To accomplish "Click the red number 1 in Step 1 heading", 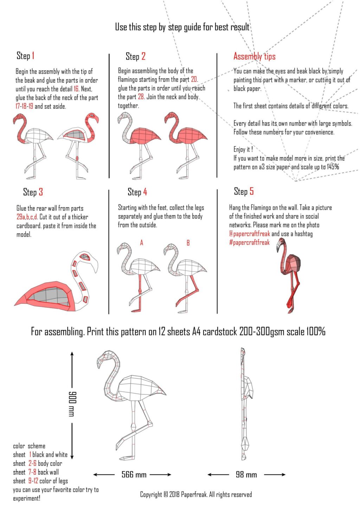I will pyautogui.click(x=33, y=56).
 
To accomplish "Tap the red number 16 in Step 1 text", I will pyautogui.click(x=76, y=89).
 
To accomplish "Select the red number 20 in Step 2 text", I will pyautogui.click(x=194, y=79).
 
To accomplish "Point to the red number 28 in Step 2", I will pyautogui.click(x=141, y=97).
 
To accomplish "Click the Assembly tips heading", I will pyautogui.click(x=254, y=56).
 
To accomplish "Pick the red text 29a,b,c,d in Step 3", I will pyautogui.click(x=27, y=217).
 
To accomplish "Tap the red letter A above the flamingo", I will pyautogui.click(x=142, y=243).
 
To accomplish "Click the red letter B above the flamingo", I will pyautogui.click(x=188, y=243).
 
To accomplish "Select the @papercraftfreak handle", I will pyautogui.click(x=249, y=234).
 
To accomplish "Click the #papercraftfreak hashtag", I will pyautogui.click(x=249, y=243).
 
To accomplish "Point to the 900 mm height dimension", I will pyautogui.click(x=72, y=404).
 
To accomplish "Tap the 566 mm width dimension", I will pyautogui.click(x=134, y=475).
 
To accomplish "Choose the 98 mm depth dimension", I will pyautogui.click(x=246, y=475).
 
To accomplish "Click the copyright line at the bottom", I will pyautogui.click(x=196, y=495).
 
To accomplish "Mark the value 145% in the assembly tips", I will pyautogui.click(x=332, y=167).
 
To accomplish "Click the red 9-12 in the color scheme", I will pyautogui.click(x=33, y=481).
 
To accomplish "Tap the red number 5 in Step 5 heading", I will pyautogui.click(x=251, y=192).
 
